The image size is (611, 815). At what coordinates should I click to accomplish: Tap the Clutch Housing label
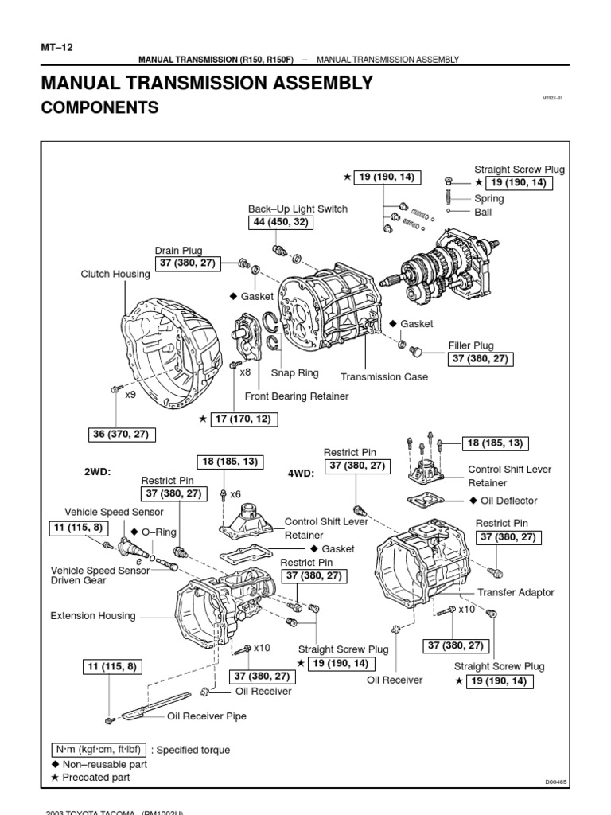115,274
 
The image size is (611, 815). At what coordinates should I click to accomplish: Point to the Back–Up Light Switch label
298,209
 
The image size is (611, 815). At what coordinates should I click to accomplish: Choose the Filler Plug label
473,345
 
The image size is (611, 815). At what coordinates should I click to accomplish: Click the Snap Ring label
294,372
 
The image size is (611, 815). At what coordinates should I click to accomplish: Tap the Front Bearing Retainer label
297,396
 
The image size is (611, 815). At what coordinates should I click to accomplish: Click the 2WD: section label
97,472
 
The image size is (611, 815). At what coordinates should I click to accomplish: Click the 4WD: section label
302,472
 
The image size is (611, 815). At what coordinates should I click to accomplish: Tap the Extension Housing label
92,615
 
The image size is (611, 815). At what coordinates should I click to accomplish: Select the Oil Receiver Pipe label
206,716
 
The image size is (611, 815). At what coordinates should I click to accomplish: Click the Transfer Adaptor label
516,592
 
